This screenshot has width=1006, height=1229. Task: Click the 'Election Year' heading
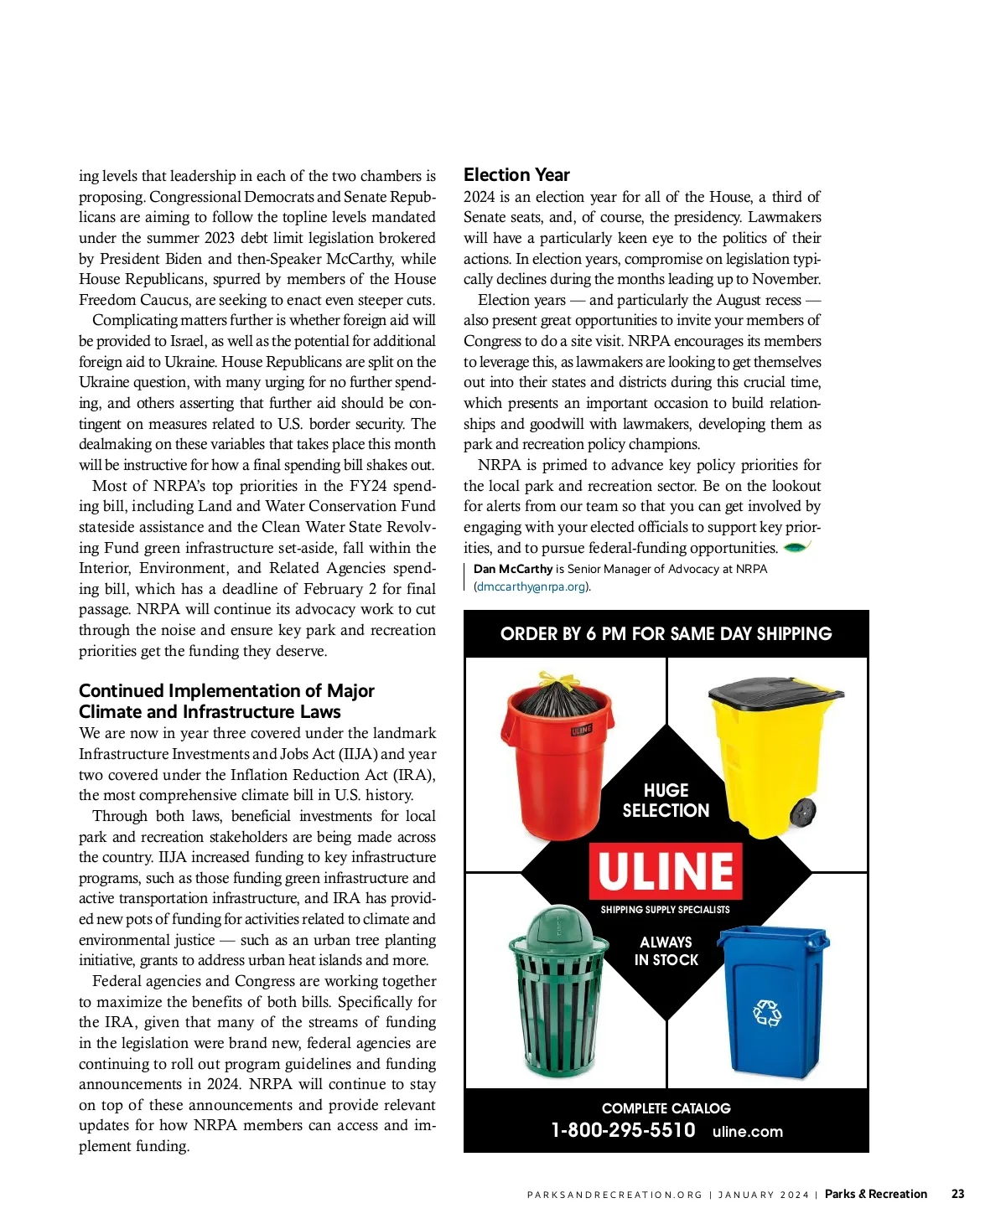[x=516, y=174]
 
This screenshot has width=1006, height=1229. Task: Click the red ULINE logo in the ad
[x=666, y=870]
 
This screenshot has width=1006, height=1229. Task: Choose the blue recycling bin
[x=770, y=1001]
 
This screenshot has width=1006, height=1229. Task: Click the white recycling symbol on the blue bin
[x=766, y=1013]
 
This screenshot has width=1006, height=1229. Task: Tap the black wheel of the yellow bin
[x=802, y=812]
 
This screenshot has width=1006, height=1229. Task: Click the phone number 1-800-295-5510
[x=623, y=1130]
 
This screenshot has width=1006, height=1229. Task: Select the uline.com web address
[x=747, y=1132]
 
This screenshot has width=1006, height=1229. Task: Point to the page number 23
[x=957, y=1194]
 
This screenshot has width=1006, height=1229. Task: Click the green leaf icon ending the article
[x=796, y=548]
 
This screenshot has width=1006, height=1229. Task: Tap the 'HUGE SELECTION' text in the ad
[x=666, y=800]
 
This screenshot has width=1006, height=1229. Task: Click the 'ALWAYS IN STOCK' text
[x=666, y=951]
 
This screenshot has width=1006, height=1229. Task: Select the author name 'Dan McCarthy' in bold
[x=513, y=569]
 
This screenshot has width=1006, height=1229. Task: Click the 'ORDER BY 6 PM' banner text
[x=666, y=633]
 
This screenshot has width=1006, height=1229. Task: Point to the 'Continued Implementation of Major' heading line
[x=226, y=690]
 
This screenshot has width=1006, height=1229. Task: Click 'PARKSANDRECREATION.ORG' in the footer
[x=614, y=1195]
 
